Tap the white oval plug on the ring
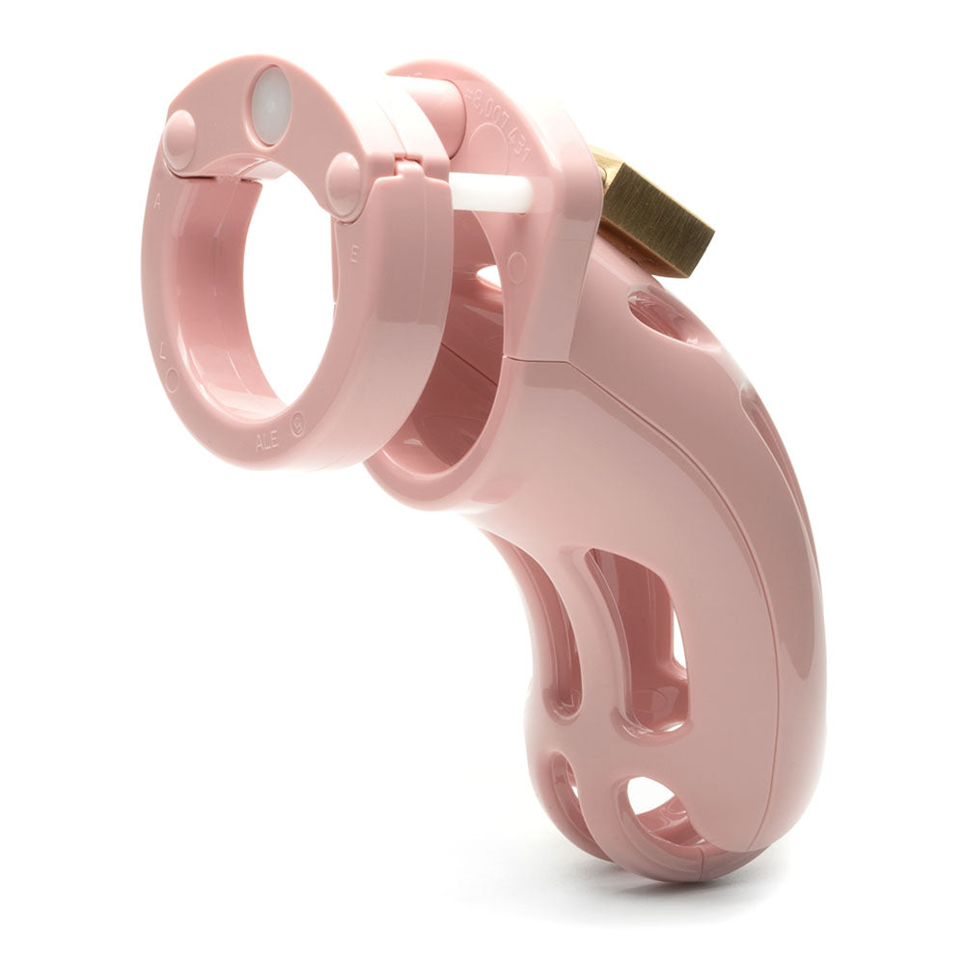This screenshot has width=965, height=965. click(271, 104)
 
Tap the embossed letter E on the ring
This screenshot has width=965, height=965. click(355, 256)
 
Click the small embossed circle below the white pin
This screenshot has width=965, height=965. click(517, 262)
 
